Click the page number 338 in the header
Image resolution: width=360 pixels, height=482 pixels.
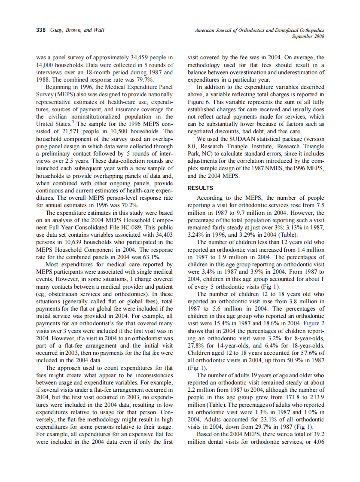[x=41, y=30]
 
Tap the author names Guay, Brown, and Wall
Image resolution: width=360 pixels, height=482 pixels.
[x=77, y=30]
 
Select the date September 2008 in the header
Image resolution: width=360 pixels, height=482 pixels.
[x=308, y=37]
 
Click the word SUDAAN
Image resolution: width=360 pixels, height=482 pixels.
[x=235, y=139]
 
